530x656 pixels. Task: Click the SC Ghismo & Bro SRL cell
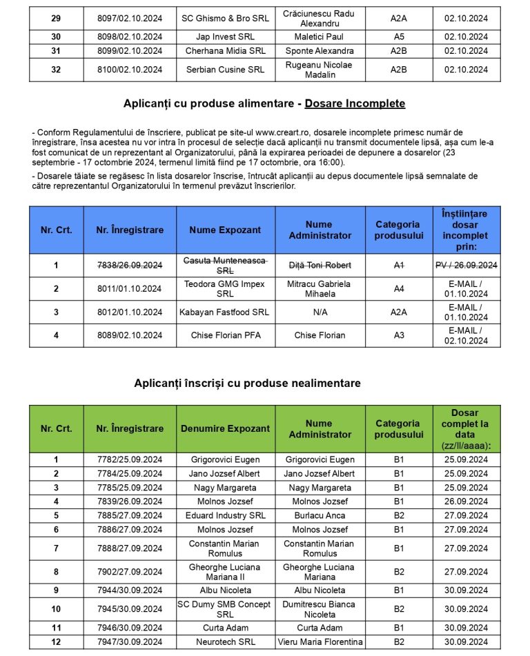[225, 19]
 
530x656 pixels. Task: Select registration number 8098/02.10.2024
[130, 37]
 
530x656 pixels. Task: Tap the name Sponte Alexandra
[320, 51]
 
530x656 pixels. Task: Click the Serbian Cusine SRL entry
[225, 70]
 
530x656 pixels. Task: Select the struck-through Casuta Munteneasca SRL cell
[225, 266]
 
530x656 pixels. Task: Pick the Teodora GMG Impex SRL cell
[225, 288]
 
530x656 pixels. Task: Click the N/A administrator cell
[320, 312]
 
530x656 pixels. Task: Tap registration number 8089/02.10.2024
[130, 335]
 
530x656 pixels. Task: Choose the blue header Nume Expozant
[225, 230]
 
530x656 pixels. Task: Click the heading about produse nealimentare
[247, 383]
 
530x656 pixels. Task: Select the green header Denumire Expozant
[225, 428]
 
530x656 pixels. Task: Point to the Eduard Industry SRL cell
[225, 515]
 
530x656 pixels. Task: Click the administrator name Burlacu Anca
[320, 515]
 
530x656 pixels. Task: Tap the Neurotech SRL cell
[225, 642]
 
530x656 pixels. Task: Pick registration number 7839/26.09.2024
[130, 501]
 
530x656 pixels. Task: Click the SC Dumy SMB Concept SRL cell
[225, 609]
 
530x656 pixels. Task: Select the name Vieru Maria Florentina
[320, 642]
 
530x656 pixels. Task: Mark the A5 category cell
[399, 37]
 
